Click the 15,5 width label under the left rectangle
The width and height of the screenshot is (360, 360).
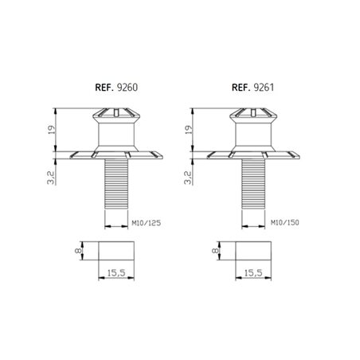click(x=117, y=275)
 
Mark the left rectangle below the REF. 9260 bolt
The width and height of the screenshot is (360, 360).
click(x=117, y=252)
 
